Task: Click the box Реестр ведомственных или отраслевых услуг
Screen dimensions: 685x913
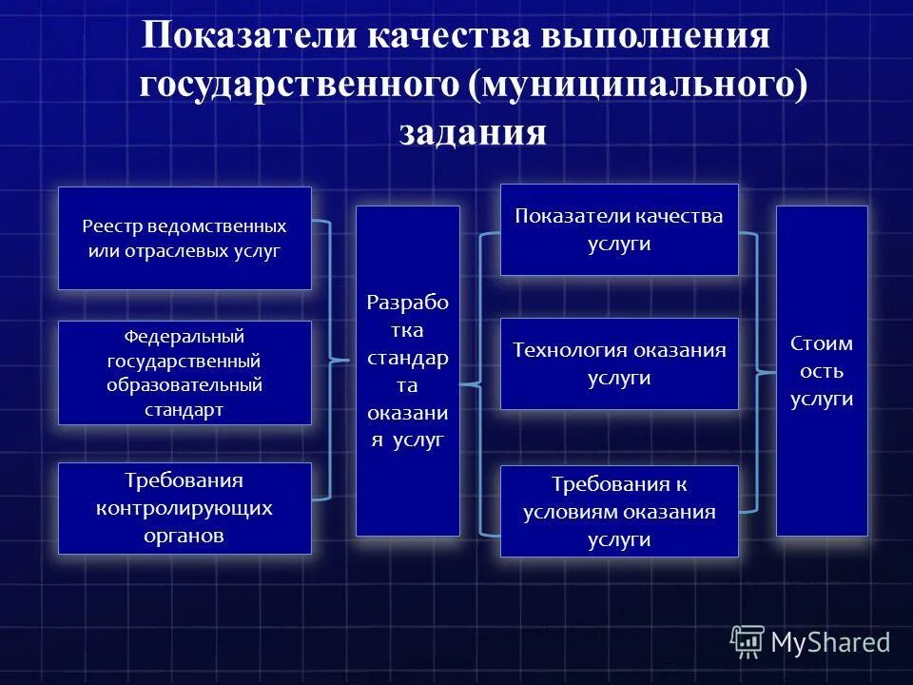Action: [x=185, y=239]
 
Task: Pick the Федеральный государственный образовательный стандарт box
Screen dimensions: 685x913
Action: [x=185, y=373]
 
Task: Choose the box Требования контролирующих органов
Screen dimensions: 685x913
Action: [x=185, y=508]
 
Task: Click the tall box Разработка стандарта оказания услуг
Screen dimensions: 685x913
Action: [x=407, y=371]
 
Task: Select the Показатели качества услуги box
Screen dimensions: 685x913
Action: [x=619, y=229]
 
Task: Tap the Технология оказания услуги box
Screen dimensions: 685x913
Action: [x=619, y=363]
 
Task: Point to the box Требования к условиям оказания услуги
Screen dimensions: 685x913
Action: [x=619, y=511]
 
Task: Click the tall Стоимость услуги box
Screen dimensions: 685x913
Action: [x=822, y=371]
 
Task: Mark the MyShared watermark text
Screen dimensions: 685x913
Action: [x=830, y=642]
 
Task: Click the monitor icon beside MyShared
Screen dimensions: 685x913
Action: [x=748, y=642]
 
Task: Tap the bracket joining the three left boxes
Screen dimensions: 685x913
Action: [x=329, y=360]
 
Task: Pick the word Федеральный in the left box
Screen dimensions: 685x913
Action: [x=185, y=338]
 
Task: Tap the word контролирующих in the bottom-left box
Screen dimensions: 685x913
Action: [x=185, y=508]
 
